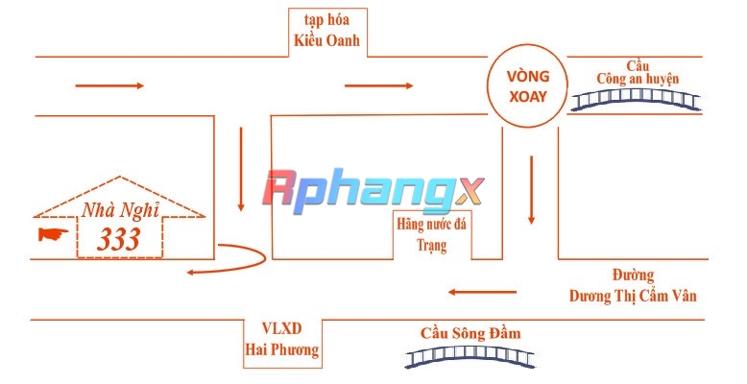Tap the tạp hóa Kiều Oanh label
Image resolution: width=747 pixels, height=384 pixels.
click(326, 30)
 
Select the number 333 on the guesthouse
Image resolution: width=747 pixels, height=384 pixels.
click(119, 239)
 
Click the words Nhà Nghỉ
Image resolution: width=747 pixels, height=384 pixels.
click(120, 210)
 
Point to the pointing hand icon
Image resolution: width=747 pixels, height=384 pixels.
click(53, 234)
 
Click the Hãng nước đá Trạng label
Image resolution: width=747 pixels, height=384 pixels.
click(432, 234)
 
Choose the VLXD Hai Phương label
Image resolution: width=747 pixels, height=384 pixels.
click(282, 339)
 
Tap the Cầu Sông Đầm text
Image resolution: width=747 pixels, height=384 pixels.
click(470, 333)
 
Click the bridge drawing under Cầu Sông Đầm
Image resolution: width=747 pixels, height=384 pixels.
click(470, 356)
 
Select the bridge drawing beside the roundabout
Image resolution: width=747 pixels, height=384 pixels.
click(636, 100)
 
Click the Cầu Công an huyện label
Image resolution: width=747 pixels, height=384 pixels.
click(638, 73)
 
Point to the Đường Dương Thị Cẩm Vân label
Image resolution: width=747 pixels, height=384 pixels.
click(633, 286)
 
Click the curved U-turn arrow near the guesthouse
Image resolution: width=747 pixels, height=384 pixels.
click(265, 257)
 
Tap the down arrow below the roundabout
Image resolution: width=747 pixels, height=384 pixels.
click(531, 190)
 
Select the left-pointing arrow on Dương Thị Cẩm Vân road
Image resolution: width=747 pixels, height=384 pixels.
click(482, 292)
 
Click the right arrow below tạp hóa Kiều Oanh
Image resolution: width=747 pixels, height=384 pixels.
click(378, 85)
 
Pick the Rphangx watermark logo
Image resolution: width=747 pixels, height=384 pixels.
click(373, 192)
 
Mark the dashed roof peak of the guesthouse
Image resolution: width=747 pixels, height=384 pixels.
click(120, 177)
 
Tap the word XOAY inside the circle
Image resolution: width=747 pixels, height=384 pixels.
click(528, 97)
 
